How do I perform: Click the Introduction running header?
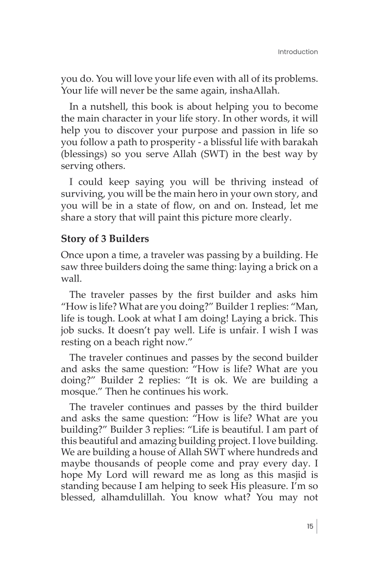(x=298, y=52)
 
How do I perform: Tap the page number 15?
(x=310, y=526)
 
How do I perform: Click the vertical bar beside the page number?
(x=317, y=526)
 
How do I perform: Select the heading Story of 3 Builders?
(x=105, y=239)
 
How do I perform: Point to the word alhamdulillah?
(x=133, y=497)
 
